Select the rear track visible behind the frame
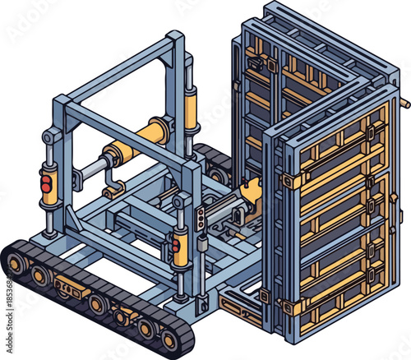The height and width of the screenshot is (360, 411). pos(212,160)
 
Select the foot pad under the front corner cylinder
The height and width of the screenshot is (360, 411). pos(178,297)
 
